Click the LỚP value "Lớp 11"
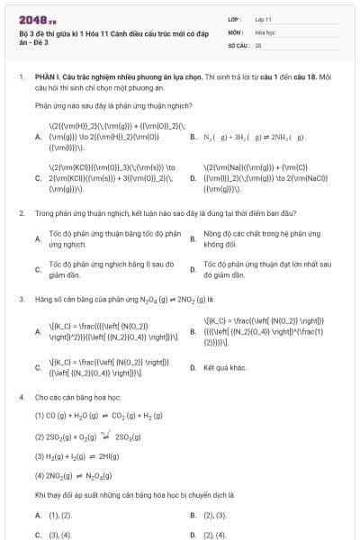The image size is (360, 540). pyautogui.click(x=264, y=18)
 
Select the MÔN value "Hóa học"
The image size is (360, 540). pyautogui.click(x=265, y=31)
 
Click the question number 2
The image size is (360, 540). pyautogui.click(x=21, y=213)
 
